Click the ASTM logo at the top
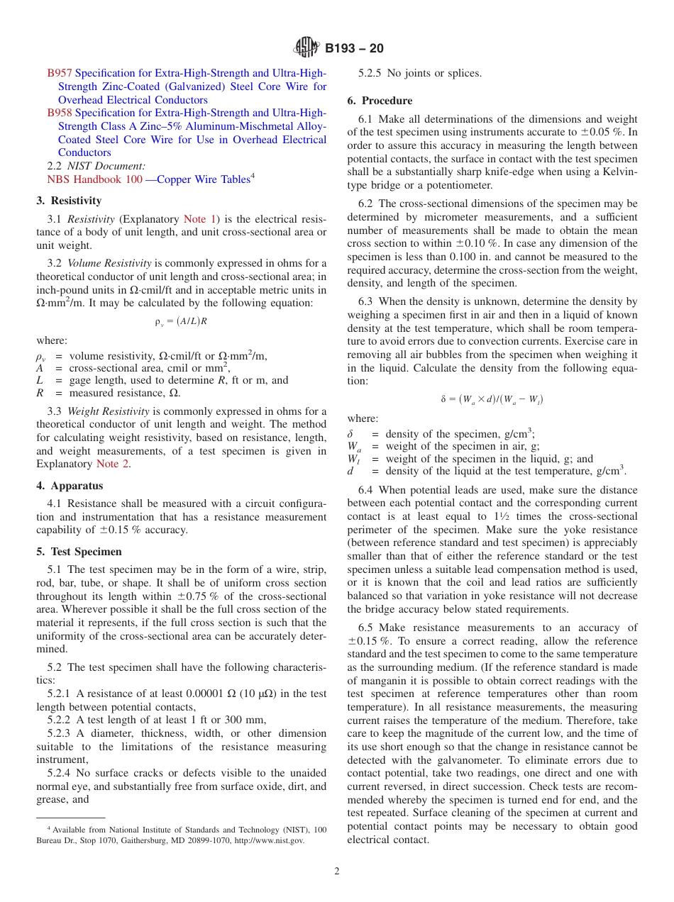click(x=306, y=48)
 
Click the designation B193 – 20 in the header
click(x=354, y=48)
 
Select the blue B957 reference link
click(x=60, y=73)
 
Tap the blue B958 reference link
click(x=60, y=113)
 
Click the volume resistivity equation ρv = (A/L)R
click(x=181, y=321)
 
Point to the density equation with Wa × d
click(x=492, y=399)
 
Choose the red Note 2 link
click(x=113, y=464)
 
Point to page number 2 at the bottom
click(x=337, y=871)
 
